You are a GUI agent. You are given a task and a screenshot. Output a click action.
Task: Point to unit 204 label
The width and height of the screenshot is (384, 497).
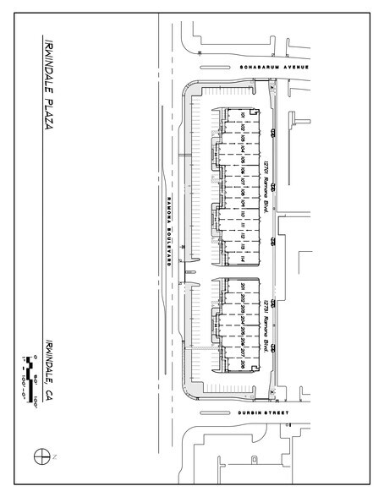(243, 319)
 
